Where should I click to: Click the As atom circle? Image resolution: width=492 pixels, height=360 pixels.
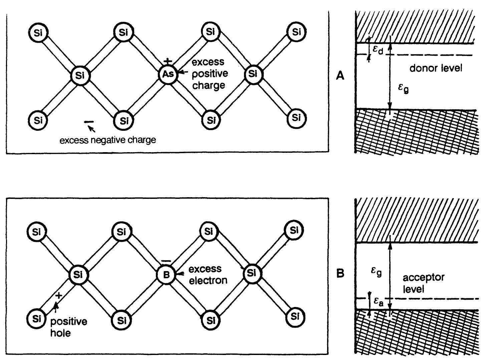[x=168, y=74]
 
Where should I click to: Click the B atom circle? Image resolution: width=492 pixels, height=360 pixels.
[x=167, y=275]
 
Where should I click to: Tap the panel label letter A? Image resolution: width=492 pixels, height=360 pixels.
[x=340, y=76]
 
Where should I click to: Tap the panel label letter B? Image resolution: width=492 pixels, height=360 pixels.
[x=340, y=274]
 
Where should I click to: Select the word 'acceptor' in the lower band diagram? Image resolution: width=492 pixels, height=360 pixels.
[x=424, y=278]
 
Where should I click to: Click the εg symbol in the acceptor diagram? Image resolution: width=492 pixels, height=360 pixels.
[x=376, y=272]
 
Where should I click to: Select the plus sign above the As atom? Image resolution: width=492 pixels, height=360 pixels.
[x=168, y=62]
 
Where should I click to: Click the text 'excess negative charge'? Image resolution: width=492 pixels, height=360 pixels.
[x=107, y=140]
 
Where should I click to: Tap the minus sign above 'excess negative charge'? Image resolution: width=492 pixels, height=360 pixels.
[x=89, y=122]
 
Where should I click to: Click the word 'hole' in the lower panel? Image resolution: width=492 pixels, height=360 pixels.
[x=60, y=333]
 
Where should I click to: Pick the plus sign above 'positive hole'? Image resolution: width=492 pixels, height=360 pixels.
[x=59, y=295]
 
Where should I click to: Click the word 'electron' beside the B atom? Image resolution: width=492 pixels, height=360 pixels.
[x=208, y=280]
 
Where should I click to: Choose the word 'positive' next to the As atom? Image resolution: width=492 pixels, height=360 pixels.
[x=210, y=73]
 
